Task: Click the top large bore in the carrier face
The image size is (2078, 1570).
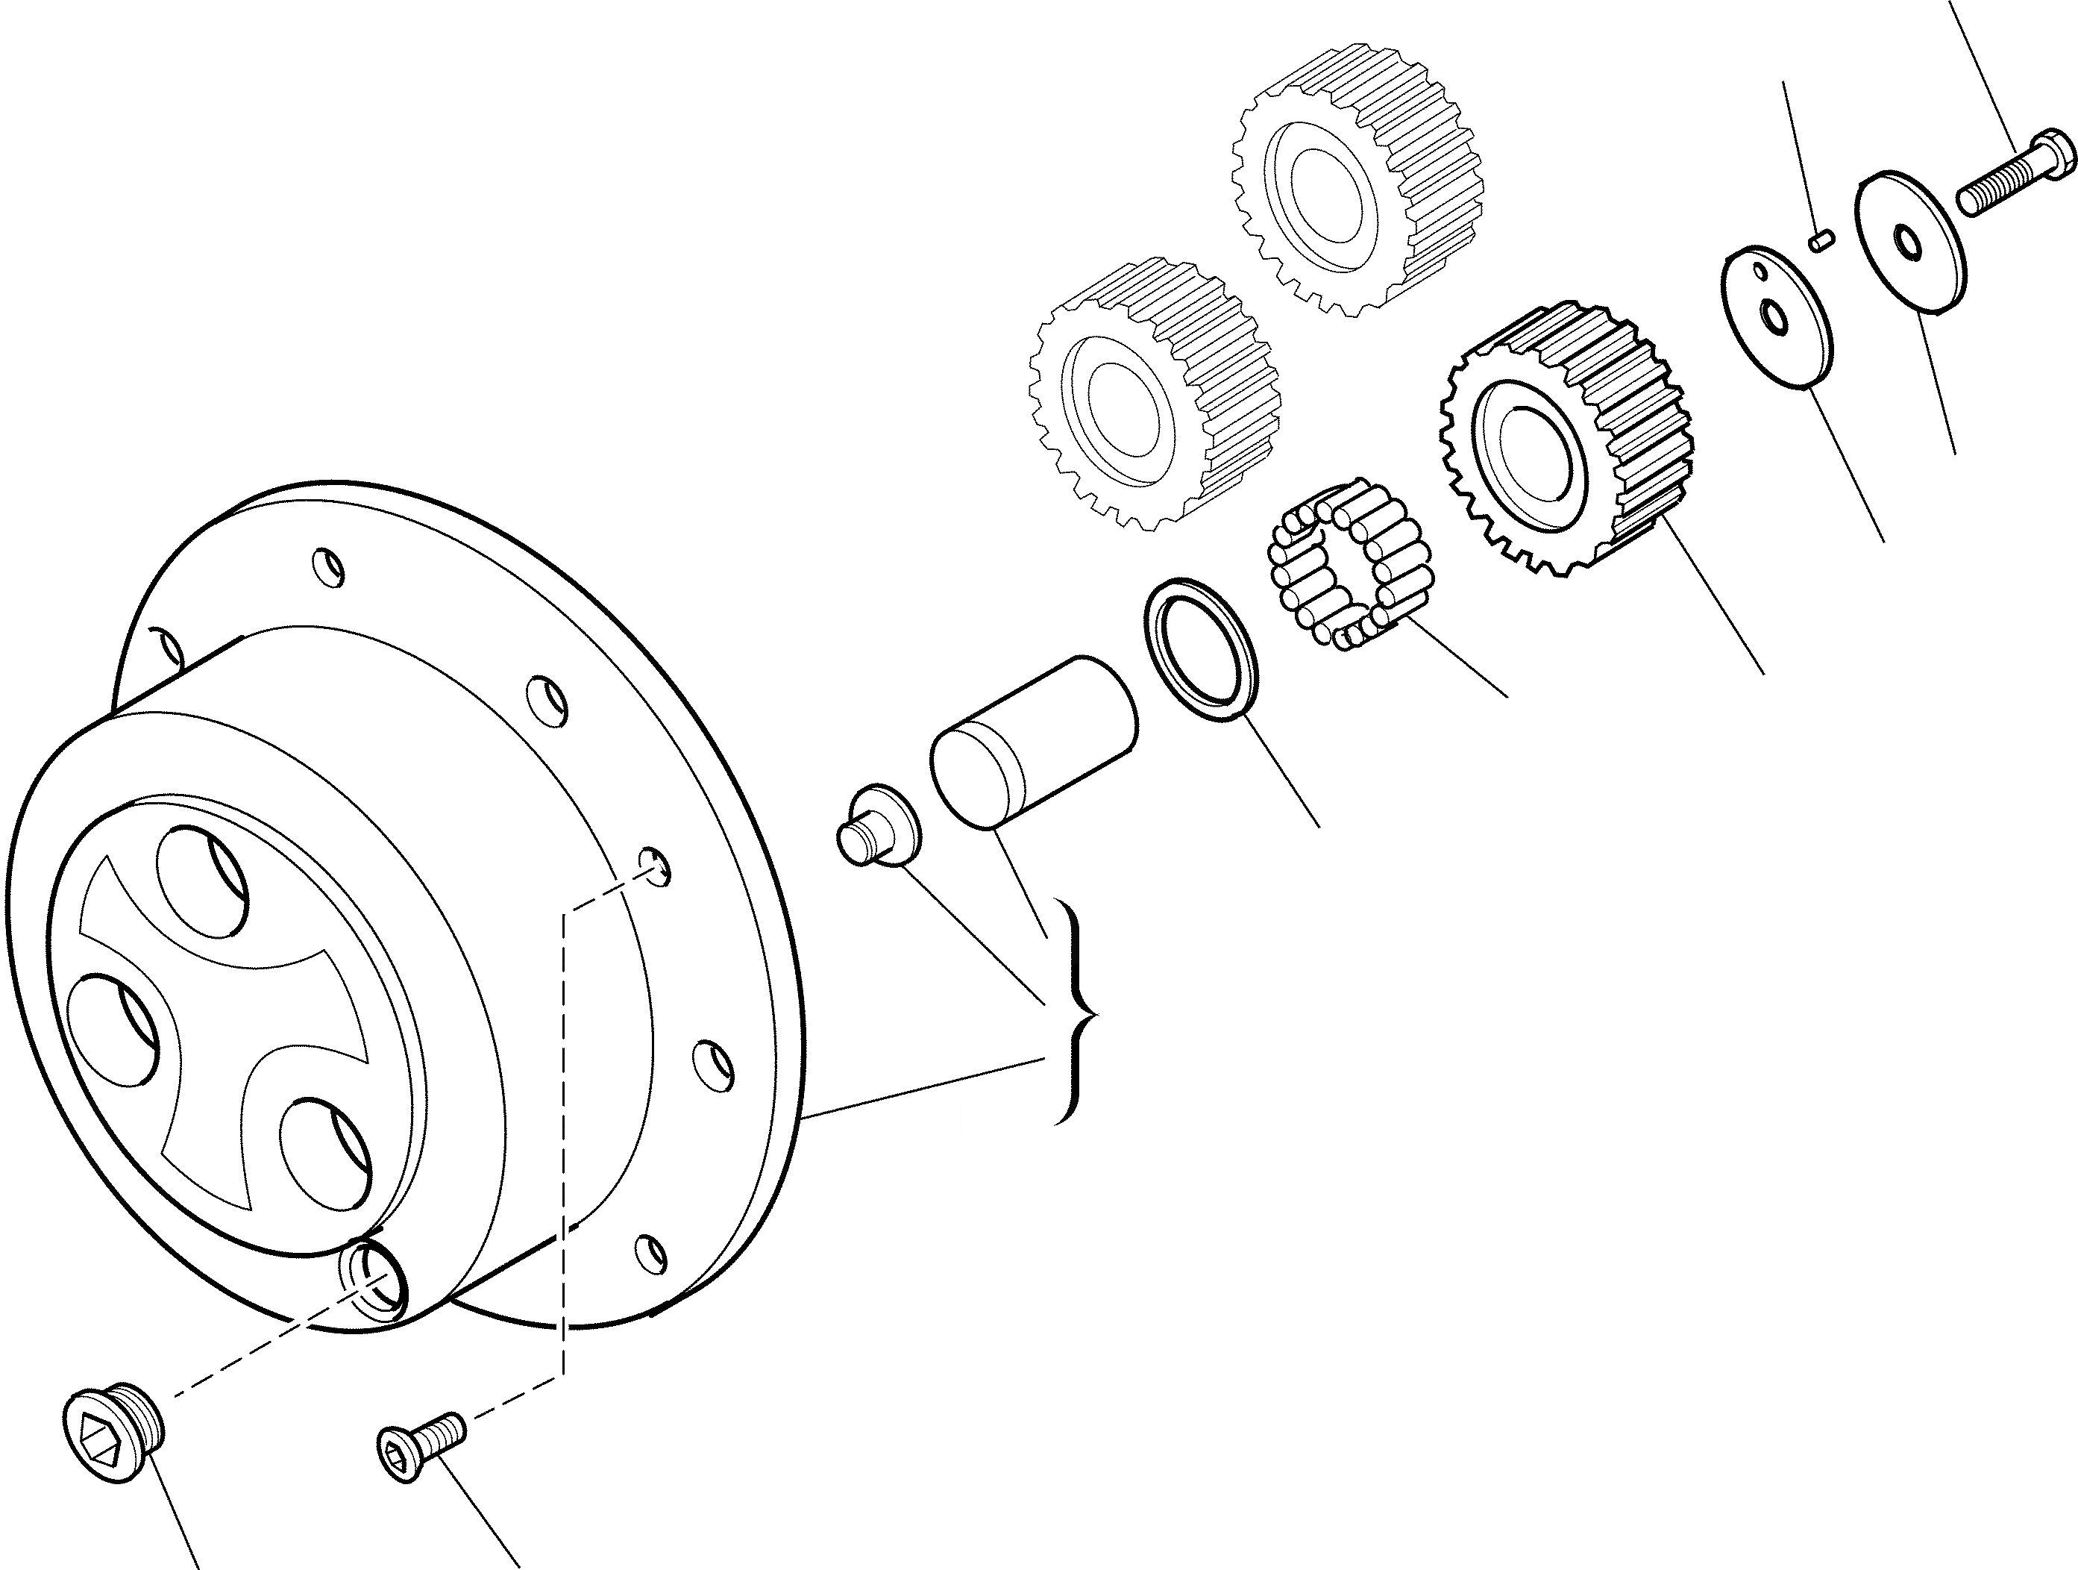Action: [x=202, y=881]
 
